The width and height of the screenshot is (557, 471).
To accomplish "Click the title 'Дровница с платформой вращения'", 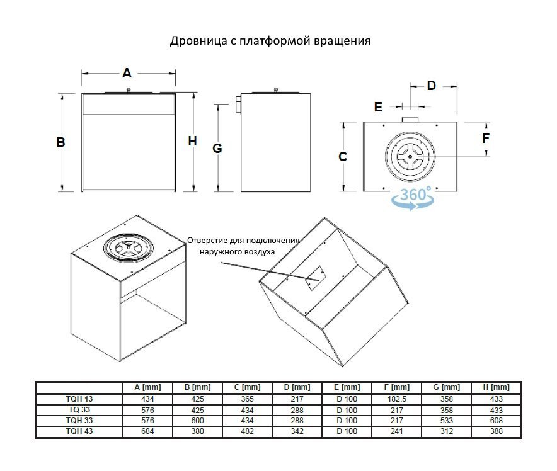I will (270, 42).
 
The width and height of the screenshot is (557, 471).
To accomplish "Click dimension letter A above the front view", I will (127, 73).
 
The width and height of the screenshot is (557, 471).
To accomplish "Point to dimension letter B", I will (61, 142).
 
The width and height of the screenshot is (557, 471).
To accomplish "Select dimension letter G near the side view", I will (217, 149).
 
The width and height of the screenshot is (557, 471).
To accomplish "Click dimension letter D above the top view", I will (432, 86).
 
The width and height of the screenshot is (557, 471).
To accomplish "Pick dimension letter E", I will (378, 107).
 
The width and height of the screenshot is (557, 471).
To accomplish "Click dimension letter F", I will (486, 137).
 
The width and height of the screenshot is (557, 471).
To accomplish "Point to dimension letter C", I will (343, 156).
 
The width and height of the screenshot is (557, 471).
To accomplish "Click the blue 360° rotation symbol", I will (412, 198).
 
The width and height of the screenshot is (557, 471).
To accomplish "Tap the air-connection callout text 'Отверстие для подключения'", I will (243, 241).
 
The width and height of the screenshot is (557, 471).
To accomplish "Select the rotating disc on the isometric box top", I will (129, 246).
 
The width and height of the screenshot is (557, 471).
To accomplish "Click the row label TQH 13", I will (79, 399).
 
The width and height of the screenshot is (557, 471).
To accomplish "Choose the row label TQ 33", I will (79, 409).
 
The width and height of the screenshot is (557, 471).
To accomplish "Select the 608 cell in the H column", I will (495, 421).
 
